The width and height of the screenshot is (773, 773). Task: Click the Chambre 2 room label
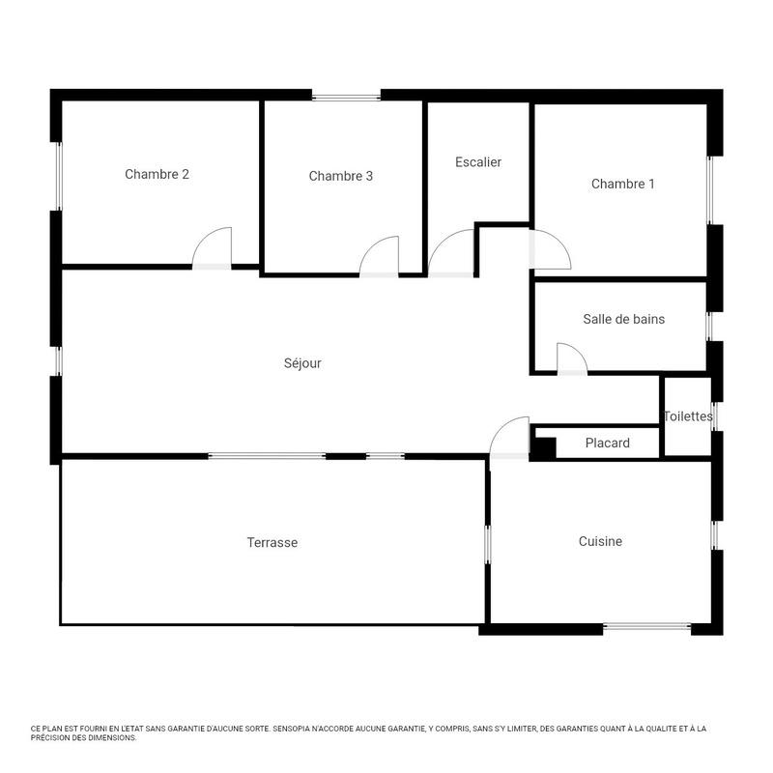coord(157,175)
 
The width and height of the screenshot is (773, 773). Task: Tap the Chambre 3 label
coord(341,176)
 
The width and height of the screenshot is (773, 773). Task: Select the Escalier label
coord(478,162)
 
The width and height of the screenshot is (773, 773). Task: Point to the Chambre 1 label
coord(623,184)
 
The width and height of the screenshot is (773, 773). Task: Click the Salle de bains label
coord(623,319)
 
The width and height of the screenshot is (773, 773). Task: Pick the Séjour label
coord(302,363)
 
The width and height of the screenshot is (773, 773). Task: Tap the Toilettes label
coord(688,416)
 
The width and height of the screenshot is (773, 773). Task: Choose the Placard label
coord(608,444)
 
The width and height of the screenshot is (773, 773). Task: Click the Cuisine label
coord(600,542)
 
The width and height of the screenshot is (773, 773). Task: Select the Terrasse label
coord(272,543)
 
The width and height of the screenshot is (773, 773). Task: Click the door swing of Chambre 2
coord(215,247)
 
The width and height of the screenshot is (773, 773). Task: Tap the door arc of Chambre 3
coord(381,257)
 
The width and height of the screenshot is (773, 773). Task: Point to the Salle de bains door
coord(572,358)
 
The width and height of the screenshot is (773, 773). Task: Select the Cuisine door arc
coord(509,436)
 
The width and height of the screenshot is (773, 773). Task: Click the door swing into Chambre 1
coord(550,248)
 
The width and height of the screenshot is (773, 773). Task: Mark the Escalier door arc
coord(451,253)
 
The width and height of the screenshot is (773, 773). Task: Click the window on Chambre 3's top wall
coord(346,96)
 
